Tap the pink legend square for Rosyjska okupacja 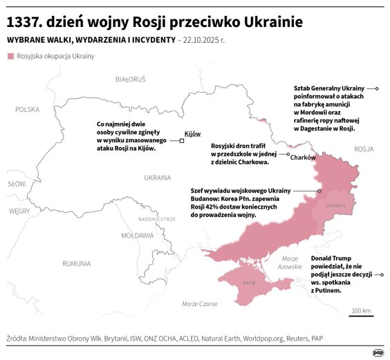point(10,55)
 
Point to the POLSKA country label point(28,109)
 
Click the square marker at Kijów point(181,141)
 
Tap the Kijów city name point(192,134)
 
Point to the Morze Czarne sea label point(199,304)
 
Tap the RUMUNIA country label point(76,263)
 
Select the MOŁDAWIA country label point(137,236)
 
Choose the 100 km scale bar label point(361,310)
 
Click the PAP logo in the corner point(378,352)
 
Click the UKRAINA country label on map point(157,178)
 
